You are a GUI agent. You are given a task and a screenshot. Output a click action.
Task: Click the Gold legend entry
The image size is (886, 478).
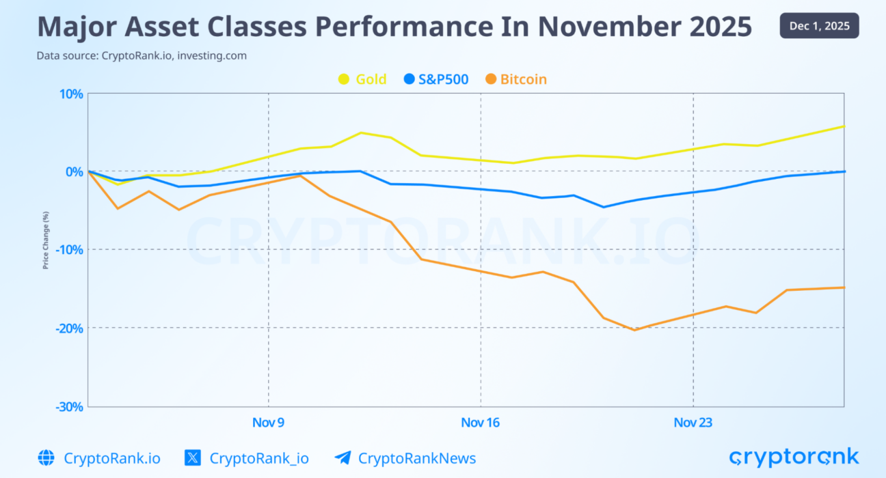tap(363, 79)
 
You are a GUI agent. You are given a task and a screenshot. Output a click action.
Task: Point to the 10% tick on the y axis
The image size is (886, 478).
tap(70, 94)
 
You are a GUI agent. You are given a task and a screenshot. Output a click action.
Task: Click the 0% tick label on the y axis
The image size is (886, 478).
tap(73, 171)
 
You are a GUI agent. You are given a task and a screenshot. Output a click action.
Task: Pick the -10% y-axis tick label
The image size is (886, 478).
tap(68, 249)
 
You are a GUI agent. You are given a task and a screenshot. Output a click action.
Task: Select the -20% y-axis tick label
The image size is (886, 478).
tap(68, 328)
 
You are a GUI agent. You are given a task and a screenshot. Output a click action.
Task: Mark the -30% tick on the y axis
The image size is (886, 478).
tap(68, 406)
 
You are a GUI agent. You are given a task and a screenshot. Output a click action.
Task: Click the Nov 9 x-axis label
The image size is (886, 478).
tap(268, 423)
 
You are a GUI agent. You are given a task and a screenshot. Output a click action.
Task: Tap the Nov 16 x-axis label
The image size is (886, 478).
tap(480, 423)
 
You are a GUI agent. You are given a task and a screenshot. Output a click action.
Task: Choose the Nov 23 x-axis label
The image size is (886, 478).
tap(693, 423)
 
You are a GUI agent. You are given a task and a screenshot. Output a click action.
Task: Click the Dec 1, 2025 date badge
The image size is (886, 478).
tap(819, 26)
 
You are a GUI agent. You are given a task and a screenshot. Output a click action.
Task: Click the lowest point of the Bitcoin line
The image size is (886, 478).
tap(634, 331)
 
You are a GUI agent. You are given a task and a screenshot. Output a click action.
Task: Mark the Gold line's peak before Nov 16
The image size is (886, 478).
tap(361, 132)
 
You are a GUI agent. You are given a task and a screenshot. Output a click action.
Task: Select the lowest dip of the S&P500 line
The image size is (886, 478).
tap(603, 207)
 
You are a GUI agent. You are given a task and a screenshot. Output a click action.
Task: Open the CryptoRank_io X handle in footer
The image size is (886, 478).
tap(258, 458)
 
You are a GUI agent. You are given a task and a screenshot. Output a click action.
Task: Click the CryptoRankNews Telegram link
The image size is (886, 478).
tap(416, 458)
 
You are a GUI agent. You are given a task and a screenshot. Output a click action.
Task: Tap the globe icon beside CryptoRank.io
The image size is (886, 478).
tap(46, 458)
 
